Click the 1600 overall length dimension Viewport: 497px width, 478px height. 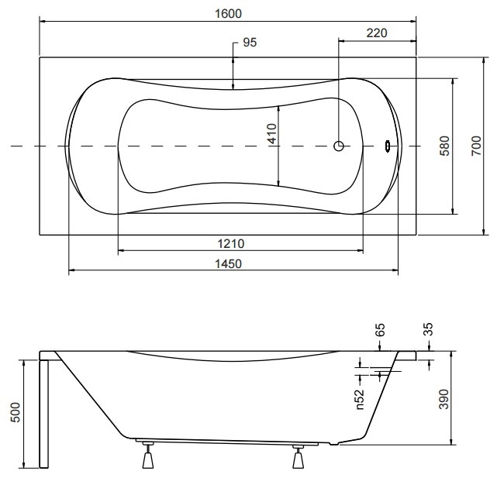click(228, 14)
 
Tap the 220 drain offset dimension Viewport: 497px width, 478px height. click(377, 33)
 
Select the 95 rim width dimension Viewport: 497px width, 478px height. click(250, 43)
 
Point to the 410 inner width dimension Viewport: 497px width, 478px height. click(272, 133)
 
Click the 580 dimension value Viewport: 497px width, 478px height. click(445, 146)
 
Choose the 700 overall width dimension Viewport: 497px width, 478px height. click(476, 146)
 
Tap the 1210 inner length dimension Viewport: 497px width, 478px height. click(231, 244)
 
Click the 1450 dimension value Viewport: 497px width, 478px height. click(228, 263)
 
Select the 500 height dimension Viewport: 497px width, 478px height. click(16, 412)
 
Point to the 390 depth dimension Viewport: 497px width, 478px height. click(444, 399)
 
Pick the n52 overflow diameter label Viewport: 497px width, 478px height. click(360, 399)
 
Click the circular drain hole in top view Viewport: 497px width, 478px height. click(339, 146)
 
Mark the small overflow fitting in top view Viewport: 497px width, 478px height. click(388, 146)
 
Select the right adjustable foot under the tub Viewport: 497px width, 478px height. click(298, 457)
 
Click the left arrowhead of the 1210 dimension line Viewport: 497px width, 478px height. click(121, 250)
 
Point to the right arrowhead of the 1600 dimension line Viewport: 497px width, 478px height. click(413, 22)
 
